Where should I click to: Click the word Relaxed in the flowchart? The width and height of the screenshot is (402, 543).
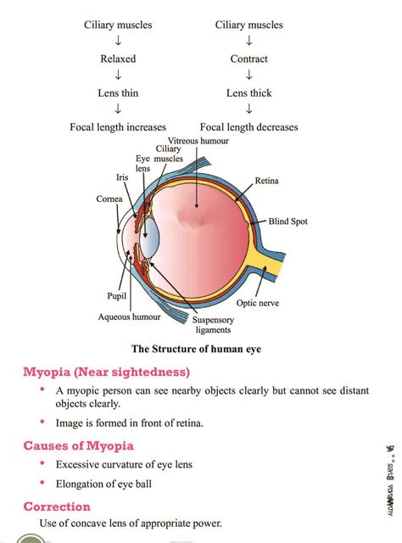point(118,59)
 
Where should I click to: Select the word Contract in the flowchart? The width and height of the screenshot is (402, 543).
point(248,59)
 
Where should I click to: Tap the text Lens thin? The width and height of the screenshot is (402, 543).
point(118,92)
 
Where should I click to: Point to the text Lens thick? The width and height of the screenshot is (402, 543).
point(248,92)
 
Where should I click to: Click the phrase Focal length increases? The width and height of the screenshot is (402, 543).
point(118,127)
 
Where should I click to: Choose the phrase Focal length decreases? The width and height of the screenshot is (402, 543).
point(249,127)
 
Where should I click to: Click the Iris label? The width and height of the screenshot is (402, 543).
point(121,178)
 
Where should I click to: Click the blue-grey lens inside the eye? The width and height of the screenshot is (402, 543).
point(149,233)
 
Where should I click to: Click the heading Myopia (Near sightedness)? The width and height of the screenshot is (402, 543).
point(106,372)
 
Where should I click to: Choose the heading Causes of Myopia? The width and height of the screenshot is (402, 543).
point(78,445)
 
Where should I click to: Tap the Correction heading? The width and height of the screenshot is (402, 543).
point(57,506)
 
